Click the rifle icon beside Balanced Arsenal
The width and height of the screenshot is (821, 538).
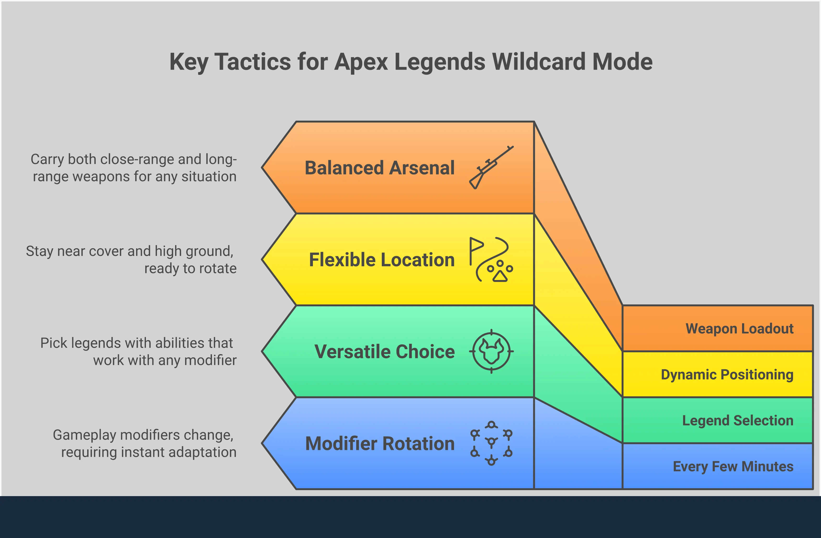[491, 167]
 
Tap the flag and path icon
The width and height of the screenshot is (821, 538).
[491, 259]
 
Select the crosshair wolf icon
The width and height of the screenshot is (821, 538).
[491, 351]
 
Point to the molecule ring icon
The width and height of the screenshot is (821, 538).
[491, 443]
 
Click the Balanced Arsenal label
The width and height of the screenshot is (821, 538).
[379, 168]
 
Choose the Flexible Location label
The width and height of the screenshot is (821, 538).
[382, 260]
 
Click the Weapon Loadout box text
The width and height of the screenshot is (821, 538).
[739, 329]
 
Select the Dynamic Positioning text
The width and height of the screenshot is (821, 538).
[727, 375]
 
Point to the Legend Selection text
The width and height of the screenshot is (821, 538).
[738, 420]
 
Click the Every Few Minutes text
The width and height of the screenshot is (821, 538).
[733, 466]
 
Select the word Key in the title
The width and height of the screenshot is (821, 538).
[188, 62]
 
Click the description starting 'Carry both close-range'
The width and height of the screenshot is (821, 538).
[134, 168]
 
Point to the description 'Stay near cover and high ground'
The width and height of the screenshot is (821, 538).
[131, 259]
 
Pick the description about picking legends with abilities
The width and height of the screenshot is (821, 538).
[138, 351]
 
